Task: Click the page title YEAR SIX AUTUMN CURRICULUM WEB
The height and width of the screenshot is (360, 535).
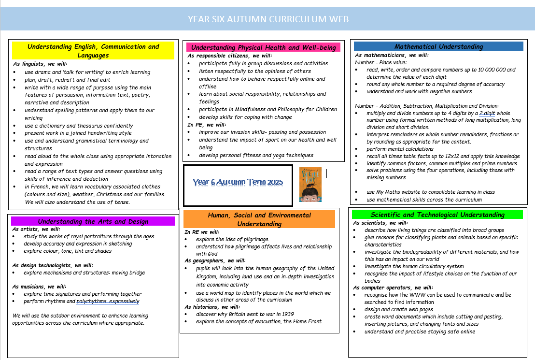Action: pos(268,19)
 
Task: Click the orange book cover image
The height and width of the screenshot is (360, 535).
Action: pos(310,184)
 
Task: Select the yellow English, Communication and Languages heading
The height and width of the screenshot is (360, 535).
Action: pos(93,51)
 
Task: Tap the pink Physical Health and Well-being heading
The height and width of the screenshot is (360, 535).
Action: pos(263,47)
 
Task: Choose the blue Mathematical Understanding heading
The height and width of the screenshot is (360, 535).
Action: pos(438,46)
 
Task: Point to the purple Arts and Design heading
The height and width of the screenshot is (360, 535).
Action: pos(93,221)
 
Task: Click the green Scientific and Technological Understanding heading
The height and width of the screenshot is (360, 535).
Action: pos(437,215)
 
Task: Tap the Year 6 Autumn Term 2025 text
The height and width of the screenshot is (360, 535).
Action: pos(238,182)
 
